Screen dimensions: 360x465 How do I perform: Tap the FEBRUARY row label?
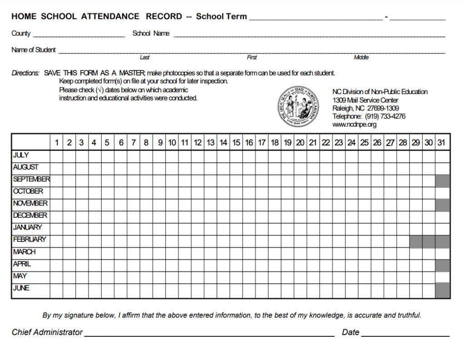click(30, 240)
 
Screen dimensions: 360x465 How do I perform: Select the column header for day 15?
click(236, 143)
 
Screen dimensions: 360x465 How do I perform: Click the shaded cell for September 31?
click(442, 181)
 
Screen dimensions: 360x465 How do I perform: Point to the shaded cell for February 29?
click(416, 241)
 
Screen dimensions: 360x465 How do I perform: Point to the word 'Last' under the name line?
click(144, 58)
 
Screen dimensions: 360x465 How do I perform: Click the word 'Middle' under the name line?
click(361, 58)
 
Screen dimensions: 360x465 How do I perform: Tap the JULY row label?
click(21, 155)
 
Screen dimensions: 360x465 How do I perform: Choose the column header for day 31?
click(441, 143)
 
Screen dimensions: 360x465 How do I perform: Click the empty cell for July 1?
click(56, 156)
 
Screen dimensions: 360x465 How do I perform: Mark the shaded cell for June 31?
click(442, 290)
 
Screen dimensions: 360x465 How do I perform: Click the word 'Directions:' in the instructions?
click(25, 73)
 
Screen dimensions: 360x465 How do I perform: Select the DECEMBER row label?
click(30, 215)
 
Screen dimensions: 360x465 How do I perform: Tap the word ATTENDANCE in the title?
click(110, 17)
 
